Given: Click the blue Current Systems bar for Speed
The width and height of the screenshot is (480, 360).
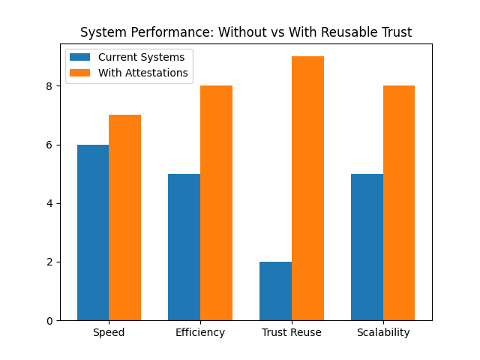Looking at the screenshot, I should point(93,232).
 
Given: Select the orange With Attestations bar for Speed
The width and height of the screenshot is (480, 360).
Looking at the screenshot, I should point(124,217).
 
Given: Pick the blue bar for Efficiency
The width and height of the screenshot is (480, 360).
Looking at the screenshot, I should point(184,247).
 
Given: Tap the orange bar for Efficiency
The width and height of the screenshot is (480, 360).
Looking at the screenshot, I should point(216,202).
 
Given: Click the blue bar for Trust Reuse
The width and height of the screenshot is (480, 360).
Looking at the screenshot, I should point(275,291).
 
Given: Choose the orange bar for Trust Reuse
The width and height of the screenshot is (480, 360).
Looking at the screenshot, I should point(307,188).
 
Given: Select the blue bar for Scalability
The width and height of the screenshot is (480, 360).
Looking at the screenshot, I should point(367,247).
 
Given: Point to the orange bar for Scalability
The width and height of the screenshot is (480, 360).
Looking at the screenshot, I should point(399,202).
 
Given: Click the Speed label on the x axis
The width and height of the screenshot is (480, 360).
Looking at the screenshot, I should point(109,332).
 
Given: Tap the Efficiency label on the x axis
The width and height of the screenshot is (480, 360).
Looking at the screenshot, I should point(200,332).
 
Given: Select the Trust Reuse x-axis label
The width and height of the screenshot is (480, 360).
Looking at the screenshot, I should point(292,332).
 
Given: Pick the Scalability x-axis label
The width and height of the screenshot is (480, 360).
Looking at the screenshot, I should point(383,332).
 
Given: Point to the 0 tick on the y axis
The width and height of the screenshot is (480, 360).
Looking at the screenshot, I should point(49,321).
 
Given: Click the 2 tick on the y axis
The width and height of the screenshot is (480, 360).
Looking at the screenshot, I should point(49,262).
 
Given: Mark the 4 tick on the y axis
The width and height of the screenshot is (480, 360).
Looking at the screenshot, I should point(49,203).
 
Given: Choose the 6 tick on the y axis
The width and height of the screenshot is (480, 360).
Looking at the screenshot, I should point(49,145).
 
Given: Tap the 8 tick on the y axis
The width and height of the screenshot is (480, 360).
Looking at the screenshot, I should point(49,86).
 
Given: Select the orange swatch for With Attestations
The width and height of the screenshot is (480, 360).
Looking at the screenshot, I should point(80,73).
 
